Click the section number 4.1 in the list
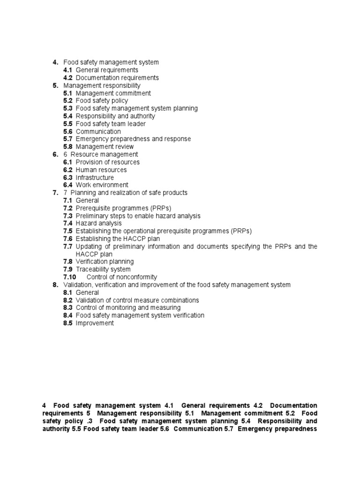[x=68, y=70]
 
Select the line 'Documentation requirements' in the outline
[x=117, y=78]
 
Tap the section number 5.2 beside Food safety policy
[x=68, y=101]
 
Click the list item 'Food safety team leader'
[x=111, y=124]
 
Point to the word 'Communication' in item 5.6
[x=98, y=132]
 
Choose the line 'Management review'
[x=105, y=147]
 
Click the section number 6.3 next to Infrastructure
[x=68, y=178]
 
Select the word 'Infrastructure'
[x=95, y=178]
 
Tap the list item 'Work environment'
[x=102, y=185]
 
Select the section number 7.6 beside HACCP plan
[x=68, y=239]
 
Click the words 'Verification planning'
[x=105, y=262]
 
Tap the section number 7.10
[x=70, y=277]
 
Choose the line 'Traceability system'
[x=103, y=270]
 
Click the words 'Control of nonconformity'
[x=122, y=277]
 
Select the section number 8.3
[x=68, y=308]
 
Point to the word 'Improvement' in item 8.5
[x=95, y=323]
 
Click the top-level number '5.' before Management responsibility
[x=55, y=85]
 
